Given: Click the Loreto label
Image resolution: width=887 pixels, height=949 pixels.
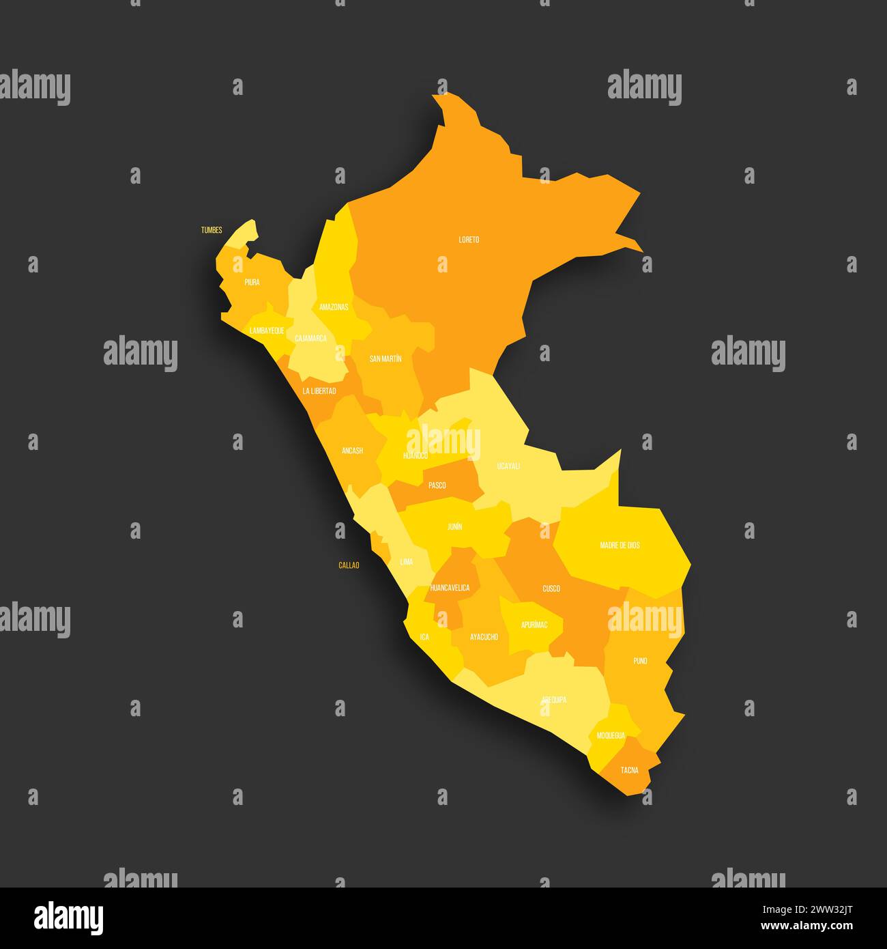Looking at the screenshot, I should [469, 240].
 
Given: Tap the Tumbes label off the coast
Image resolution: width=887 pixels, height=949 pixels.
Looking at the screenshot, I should [211, 230].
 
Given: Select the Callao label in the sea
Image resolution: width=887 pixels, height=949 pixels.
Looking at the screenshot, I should [349, 565].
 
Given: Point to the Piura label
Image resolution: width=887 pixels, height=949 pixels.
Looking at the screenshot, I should [252, 282].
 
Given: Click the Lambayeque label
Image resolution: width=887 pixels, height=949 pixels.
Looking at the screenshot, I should [267, 330].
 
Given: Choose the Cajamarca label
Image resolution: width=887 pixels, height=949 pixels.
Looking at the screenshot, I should [310, 339].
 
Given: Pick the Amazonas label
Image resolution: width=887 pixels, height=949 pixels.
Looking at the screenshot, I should [334, 307].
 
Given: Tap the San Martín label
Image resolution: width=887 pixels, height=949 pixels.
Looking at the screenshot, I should [386, 358].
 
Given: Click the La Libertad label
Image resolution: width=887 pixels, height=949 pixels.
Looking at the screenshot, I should [319, 391].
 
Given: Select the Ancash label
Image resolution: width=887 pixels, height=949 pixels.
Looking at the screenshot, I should [352, 451].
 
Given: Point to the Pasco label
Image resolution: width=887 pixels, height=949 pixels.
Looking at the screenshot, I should [437, 485].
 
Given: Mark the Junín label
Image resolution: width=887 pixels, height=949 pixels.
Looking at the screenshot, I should [454, 527].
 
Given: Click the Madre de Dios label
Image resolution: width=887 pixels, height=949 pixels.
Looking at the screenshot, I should [620, 546].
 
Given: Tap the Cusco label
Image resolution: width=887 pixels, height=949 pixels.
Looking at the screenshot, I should [551, 589].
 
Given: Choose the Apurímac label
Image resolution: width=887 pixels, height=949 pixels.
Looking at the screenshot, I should [534, 625].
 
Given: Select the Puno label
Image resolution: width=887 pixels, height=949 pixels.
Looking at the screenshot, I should [640, 661].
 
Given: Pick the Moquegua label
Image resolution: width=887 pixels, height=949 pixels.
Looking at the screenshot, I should [611, 735].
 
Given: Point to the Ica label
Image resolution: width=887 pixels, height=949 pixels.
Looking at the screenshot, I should [424, 637].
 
